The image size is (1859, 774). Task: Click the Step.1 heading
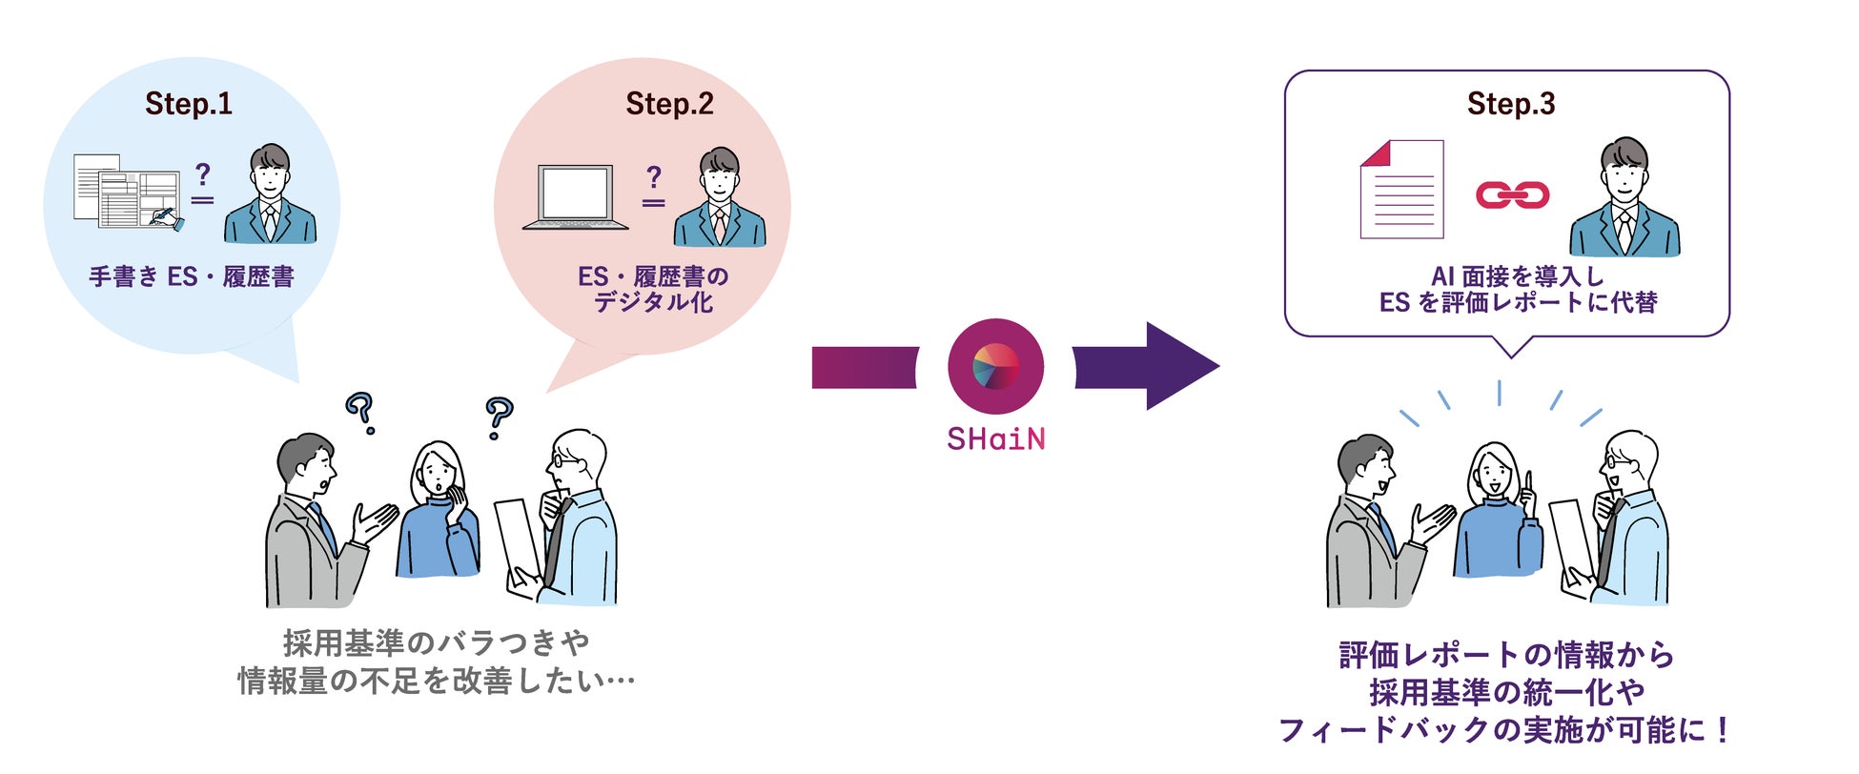[x=189, y=104]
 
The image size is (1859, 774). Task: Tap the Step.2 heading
[x=669, y=104]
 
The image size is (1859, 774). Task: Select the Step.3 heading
[x=1511, y=104]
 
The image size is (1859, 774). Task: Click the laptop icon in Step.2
[x=576, y=198]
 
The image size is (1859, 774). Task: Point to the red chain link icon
[x=1512, y=195]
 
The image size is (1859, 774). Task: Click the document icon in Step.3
[x=1401, y=190]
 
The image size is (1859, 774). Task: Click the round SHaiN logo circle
[x=995, y=367]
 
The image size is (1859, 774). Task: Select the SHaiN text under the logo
[x=995, y=439]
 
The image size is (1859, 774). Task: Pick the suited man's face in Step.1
[x=270, y=177]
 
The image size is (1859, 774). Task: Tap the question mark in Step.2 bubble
[x=653, y=176]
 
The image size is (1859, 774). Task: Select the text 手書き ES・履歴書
[x=191, y=277]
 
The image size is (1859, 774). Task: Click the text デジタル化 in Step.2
[x=653, y=303]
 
